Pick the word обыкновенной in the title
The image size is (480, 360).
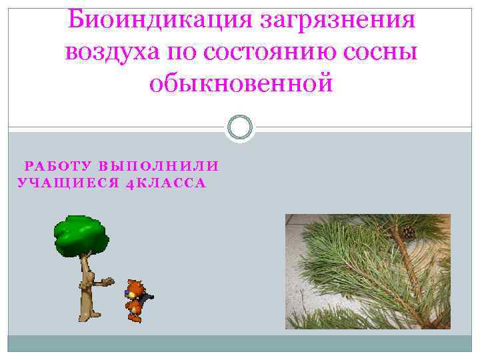[241, 83]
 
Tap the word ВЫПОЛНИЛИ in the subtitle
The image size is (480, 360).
[160, 166]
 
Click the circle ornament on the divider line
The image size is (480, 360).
[240, 127]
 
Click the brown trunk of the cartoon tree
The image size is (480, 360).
[87, 287]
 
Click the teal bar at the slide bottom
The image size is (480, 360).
[240, 343]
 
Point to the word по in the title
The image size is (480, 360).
[198, 51]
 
